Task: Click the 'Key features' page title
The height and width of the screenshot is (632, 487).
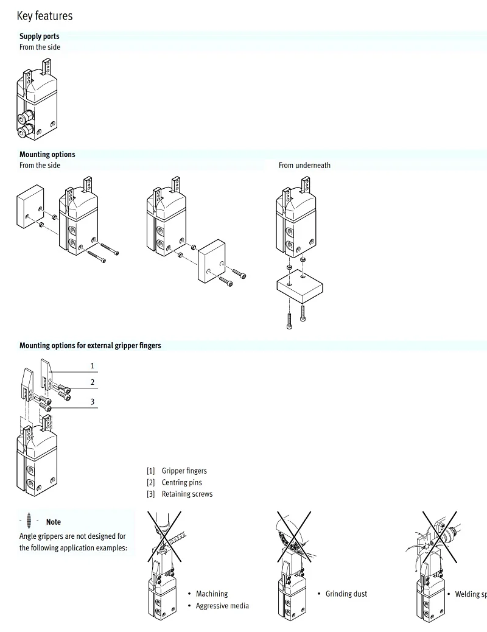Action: coord(44,16)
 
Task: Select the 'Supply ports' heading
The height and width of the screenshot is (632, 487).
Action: coord(40,37)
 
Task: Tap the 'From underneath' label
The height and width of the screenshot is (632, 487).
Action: coord(304,165)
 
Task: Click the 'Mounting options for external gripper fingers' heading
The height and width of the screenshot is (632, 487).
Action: coord(90,345)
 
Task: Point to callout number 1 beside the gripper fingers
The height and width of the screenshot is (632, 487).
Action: coord(93,366)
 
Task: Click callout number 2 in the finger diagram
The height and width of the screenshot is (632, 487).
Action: coord(93,382)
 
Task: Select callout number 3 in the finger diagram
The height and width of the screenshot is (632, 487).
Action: coord(93,402)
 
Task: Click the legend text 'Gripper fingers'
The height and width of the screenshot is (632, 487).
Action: coord(184,471)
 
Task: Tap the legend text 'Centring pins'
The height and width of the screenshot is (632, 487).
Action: coord(181,482)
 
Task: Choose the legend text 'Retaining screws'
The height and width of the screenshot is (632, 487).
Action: coord(187,494)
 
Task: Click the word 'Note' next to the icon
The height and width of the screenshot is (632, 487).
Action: coord(54,522)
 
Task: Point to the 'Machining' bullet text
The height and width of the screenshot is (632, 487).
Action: coord(212,594)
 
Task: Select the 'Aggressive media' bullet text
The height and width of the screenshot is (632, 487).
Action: coord(222,606)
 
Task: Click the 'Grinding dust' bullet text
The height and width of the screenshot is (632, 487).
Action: coord(346,594)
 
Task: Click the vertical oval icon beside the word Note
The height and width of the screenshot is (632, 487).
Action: coord(29,521)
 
